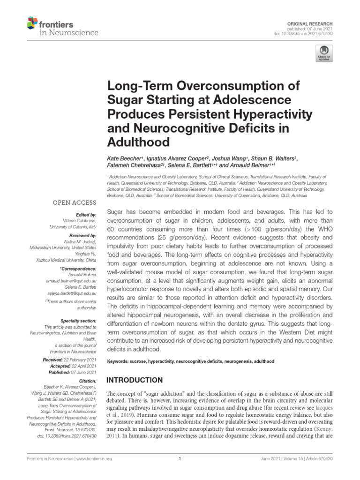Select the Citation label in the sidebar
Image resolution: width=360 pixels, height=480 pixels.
(x=88, y=381)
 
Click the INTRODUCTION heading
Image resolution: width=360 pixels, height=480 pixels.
(x=135, y=380)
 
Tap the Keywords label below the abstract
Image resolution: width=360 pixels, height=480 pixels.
(x=119, y=362)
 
